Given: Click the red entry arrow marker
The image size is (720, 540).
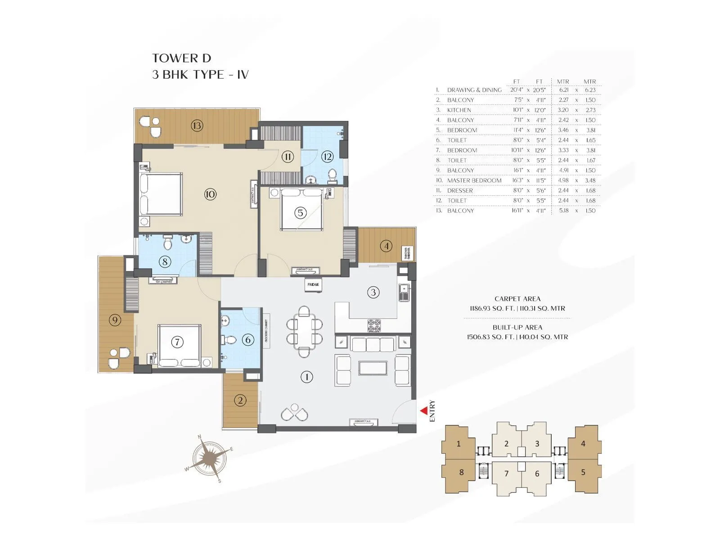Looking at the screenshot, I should click(x=423, y=411).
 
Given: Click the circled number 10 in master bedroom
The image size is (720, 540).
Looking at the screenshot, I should click(x=210, y=194).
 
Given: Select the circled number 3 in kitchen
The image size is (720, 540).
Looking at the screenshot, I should click(x=373, y=292).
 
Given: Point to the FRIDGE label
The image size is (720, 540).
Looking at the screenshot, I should click(x=313, y=284).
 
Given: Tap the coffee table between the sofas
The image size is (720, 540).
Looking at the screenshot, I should click(x=373, y=368).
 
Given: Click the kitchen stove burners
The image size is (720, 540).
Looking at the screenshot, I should click(x=374, y=326).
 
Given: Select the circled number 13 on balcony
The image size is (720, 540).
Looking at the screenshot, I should click(x=197, y=125).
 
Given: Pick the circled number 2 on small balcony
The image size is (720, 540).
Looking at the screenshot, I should click(x=240, y=400).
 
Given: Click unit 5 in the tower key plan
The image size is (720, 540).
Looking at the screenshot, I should click(x=583, y=472).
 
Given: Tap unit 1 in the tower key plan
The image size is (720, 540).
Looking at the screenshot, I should click(x=459, y=444).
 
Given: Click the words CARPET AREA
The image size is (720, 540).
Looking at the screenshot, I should click(x=517, y=299).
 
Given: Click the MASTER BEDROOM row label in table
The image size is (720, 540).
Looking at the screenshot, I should click(x=474, y=180).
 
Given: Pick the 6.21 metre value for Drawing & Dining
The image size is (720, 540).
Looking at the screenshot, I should click(x=563, y=90).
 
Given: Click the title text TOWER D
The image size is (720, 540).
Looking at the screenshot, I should click(x=181, y=58).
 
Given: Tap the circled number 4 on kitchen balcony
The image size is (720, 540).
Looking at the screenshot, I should click(x=386, y=246).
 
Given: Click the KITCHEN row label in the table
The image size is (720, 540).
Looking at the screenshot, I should click(x=459, y=110).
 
